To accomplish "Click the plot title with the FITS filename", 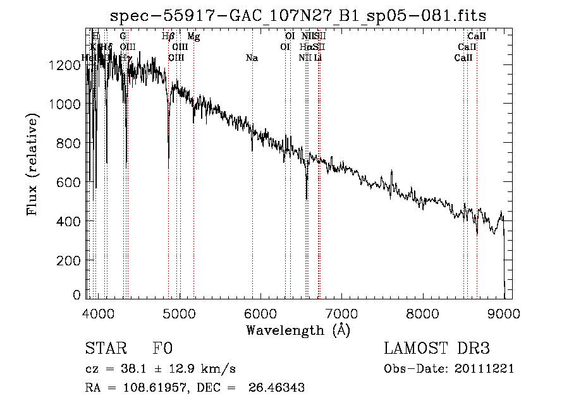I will coord(298,15).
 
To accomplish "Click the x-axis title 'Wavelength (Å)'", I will coord(298,330).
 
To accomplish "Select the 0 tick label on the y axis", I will coord(77,295).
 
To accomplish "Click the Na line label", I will coord(252,58).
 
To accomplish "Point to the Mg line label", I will coord(193,37).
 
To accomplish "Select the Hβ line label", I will coord(168,37).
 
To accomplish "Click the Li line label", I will coord(318,58).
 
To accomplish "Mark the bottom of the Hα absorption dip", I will coord(307,198).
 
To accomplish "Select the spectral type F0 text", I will coord(162,349).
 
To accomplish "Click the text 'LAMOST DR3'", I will coord(437,349).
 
